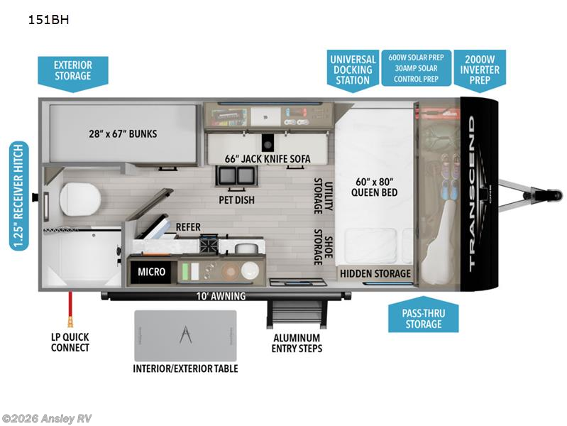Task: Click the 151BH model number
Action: pos(48,20)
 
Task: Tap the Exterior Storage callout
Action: pos(73,73)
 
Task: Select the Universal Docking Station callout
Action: pos(353,70)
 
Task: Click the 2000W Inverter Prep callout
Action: pos(480,70)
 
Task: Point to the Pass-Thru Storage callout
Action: pos(424,315)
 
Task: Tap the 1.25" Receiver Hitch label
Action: pos(18,195)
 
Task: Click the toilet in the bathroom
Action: pos(79,199)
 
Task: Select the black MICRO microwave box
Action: pos(152,271)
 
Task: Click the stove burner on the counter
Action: pos(209,245)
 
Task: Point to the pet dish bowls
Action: pos(236,175)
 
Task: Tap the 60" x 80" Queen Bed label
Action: pos(374,187)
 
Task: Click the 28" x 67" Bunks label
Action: pos(123,134)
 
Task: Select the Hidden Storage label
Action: pos(375,273)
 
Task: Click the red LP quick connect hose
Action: pos(70,308)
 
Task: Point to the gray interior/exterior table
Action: pos(185,336)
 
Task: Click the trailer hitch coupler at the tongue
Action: pos(554,195)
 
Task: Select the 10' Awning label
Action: pos(221,296)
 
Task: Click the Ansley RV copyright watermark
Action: pos(46,419)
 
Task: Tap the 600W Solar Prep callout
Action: pos(417,58)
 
